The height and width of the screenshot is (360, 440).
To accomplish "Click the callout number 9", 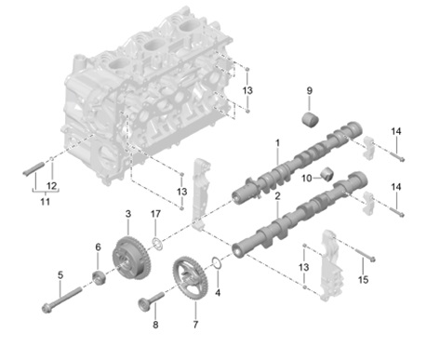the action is coord(310,91).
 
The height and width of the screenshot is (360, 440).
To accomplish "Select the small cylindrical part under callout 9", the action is coord(311,120).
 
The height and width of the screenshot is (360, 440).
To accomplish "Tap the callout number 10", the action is coord(307,179).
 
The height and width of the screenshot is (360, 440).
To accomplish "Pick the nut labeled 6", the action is coord(100,277).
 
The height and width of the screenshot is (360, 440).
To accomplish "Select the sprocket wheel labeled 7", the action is coord(191,278).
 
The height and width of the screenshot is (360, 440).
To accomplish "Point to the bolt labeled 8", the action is coord(151,300).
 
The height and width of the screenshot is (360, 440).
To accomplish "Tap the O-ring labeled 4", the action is coord(217,262).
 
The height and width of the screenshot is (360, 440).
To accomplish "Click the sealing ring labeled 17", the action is coord(157,244).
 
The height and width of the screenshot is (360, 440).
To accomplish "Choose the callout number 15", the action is coord(363,279).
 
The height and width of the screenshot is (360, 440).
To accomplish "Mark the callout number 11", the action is coord(46,202).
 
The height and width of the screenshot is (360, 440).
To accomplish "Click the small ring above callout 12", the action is coord(52,159).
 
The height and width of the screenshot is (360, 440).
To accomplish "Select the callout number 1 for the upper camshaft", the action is coord(277,143).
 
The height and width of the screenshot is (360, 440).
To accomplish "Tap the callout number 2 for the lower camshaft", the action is coord(277,196).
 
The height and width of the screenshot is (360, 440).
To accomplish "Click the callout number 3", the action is coord(128,214).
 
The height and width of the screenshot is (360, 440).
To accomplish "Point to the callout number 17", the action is coord(155,214).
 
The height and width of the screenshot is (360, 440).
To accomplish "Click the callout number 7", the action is coord(195,325).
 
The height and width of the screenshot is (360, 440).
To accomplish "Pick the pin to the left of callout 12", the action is coord(33,168).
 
